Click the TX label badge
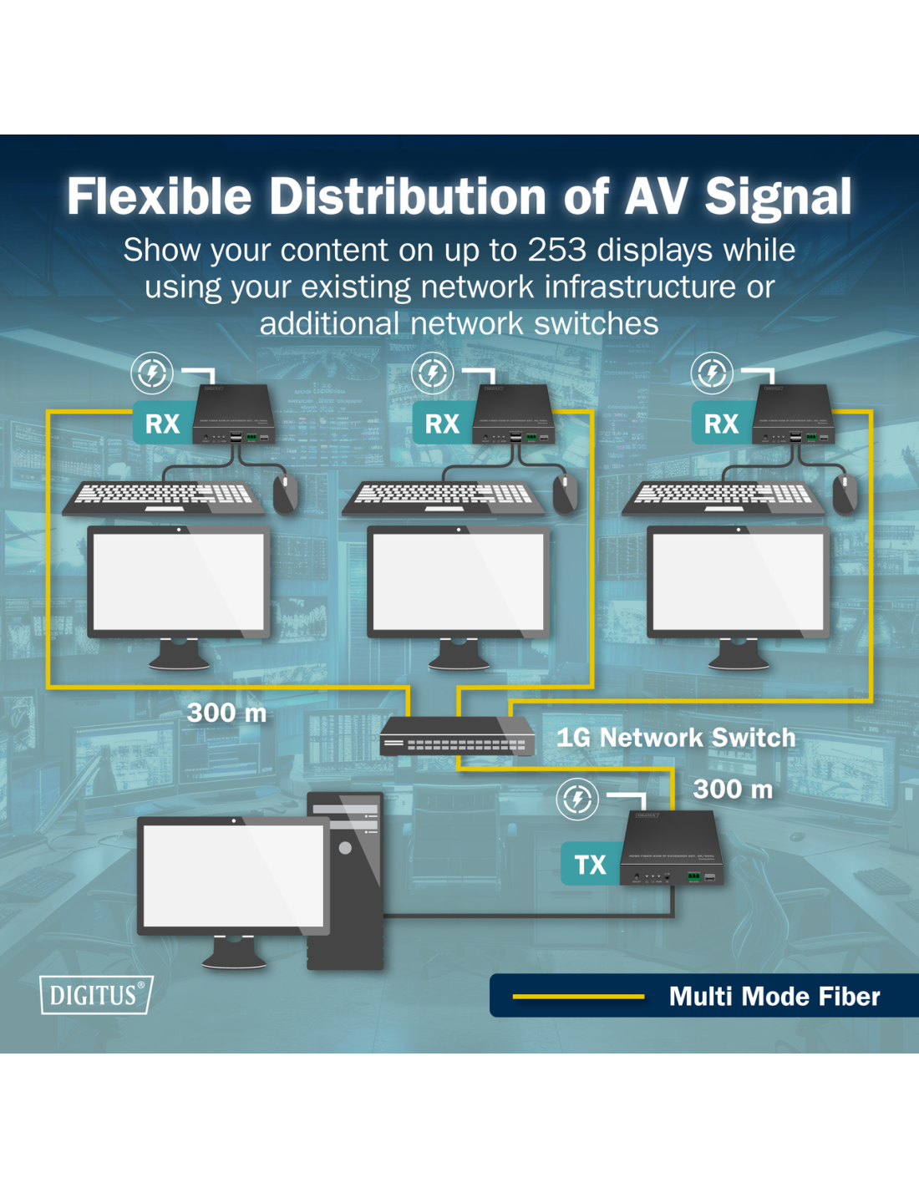590,864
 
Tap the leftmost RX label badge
162,424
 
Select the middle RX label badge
442,424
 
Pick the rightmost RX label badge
721,424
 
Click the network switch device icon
456,736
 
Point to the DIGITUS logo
96,995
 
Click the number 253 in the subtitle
556,250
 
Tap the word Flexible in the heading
159,197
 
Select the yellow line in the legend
578,996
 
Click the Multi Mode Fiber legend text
774,996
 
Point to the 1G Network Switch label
676,738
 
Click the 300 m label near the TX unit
733,789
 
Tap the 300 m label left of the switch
226,713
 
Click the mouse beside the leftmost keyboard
285,493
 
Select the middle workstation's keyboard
443,498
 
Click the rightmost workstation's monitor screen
738,581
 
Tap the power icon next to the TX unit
577,799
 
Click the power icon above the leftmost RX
152,373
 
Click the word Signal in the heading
778,197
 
